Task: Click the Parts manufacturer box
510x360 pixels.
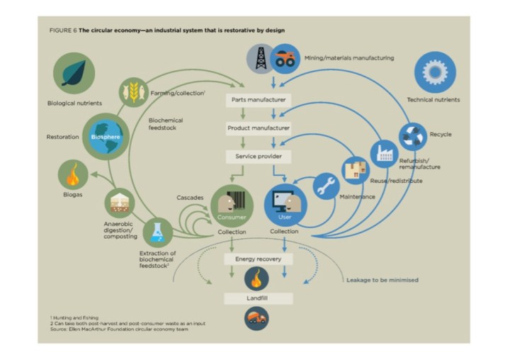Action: point(259,100)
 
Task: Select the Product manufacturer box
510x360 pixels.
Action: point(259,128)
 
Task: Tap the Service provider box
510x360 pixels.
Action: point(259,155)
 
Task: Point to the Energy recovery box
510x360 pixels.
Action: point(258,259)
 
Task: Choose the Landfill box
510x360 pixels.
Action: point(258,298)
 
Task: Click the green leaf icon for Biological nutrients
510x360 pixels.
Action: point(74,73)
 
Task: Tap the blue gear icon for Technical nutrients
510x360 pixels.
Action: point(434,73)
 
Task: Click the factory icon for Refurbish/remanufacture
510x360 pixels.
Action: point(385,154)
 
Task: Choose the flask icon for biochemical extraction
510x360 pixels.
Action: point(157,232)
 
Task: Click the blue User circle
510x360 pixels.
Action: point(285,204)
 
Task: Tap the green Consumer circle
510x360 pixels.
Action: point(232,205)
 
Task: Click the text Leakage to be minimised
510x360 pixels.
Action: point(382,280)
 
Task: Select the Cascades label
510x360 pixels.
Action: point(191,197)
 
